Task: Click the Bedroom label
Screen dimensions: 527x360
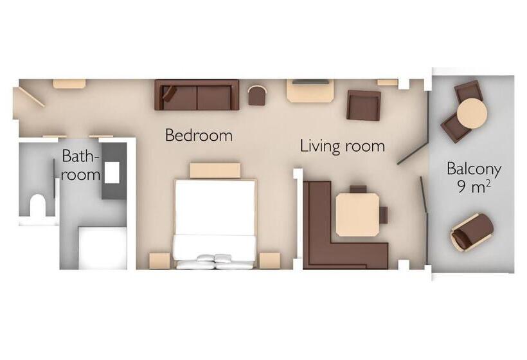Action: (199, 135)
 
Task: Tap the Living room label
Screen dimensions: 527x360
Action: (342, 146)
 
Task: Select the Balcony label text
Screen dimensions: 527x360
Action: (474, 168)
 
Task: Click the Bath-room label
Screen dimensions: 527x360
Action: (82, 165)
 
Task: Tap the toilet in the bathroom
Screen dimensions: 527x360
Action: (38, 204)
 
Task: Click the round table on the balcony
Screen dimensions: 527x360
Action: (472, 113)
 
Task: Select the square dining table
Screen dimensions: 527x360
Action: (357, 215)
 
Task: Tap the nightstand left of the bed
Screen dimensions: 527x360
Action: (159, 260)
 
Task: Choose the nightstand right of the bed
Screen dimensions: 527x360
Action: (270, 260)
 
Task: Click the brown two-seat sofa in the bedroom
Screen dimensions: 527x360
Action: (197, 94)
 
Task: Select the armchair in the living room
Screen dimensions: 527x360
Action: (364, 105)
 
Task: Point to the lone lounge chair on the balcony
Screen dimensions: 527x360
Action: (472, 232)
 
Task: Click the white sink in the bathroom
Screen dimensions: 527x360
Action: (112, 172)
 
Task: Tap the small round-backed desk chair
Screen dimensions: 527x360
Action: (257, 95)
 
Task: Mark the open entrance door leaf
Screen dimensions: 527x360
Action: (31, 97)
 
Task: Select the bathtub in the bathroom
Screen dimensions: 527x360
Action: (103, 248)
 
